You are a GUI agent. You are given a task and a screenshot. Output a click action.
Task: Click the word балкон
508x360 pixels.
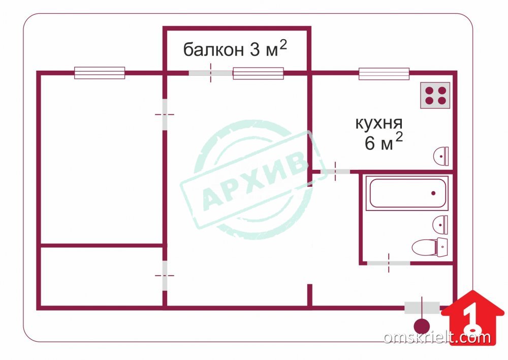213,50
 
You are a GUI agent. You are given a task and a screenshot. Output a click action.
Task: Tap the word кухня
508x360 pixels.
379,124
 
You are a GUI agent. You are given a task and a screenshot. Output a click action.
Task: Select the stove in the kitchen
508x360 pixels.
435,96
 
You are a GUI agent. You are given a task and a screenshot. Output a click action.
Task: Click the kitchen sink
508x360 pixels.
441,156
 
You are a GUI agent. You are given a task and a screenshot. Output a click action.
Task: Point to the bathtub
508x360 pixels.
407,193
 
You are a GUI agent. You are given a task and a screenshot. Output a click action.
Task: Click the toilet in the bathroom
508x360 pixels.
430,247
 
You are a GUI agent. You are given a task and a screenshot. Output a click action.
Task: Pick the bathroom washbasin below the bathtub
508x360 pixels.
440,224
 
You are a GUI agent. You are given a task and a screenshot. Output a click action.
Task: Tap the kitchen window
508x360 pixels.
384,74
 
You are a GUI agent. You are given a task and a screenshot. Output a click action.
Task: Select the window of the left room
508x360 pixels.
100,73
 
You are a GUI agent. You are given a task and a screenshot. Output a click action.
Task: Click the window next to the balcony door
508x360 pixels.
258,73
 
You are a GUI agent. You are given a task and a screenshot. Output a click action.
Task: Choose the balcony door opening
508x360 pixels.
211,73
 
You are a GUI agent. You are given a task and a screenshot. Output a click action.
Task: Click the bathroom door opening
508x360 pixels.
389,263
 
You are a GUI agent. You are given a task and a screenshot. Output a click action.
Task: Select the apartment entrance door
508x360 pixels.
422,308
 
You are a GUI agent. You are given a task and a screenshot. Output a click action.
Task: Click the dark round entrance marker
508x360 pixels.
422,326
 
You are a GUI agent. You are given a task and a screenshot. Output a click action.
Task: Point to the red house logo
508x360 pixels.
472,317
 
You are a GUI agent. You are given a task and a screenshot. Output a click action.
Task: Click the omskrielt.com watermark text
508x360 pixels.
437,337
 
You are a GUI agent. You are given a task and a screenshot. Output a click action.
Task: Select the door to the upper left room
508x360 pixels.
165,114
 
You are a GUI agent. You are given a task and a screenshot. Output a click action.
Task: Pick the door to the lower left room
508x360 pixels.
165,276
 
